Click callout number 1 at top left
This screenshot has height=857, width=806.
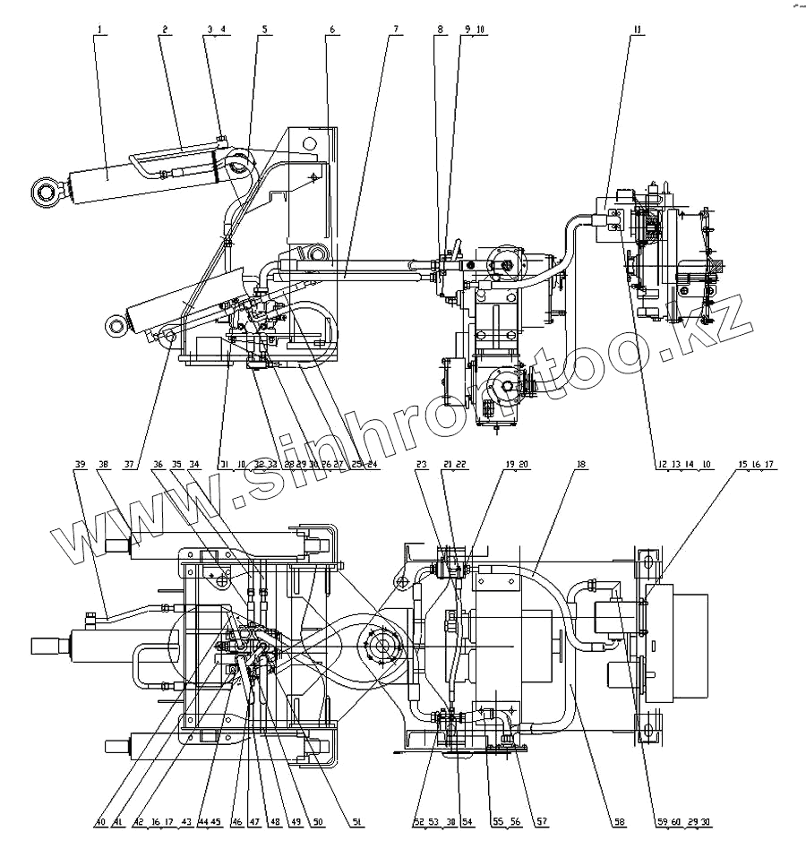[101, 29]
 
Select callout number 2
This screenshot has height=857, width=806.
[165, 29]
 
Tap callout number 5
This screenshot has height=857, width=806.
[263, 29]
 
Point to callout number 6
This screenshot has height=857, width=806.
[332, 29]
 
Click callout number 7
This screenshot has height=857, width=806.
[395, 29]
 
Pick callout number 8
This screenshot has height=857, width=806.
[440, 29]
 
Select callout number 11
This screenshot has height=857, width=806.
[637, 29]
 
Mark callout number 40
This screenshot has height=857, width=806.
[100, 820]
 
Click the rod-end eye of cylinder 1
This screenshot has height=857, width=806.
[46, 189]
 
